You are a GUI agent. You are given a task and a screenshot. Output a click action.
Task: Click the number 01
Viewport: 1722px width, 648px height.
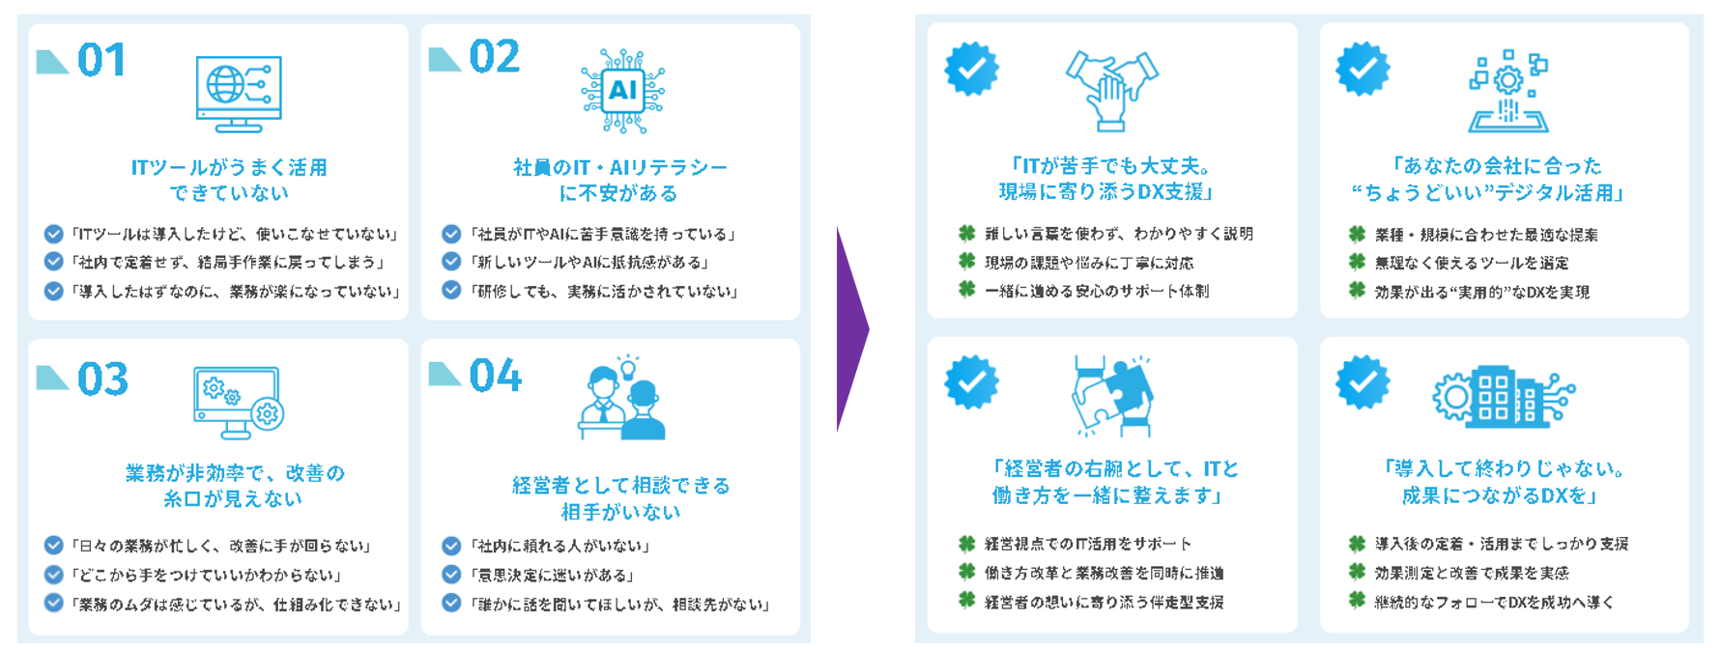click(101, 60)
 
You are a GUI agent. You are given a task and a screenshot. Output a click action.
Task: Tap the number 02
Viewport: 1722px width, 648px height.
click(495, 57)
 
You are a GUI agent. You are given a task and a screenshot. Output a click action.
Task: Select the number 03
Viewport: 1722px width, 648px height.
click(102, 380)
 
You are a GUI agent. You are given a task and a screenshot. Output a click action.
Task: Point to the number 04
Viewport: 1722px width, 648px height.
click(495, 376)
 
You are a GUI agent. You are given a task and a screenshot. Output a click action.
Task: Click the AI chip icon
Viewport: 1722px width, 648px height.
click(622, 91)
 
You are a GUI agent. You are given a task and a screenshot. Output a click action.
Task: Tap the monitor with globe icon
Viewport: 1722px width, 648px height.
click(239, 93)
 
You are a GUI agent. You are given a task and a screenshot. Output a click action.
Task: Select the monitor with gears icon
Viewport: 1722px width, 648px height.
click(238, 401)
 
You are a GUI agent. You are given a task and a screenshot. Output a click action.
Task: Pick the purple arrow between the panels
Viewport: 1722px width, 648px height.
click(851, 329)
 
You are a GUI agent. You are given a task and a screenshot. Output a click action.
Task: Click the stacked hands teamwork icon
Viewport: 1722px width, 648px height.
click(1112, 90)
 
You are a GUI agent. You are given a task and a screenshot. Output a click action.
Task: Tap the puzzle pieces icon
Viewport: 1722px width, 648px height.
click(1112, 395)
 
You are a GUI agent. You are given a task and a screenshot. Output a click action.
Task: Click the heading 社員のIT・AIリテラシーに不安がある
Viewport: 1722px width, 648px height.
click(620, 181)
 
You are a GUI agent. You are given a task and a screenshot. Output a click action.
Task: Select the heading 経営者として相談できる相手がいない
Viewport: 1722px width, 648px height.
click(621, 498)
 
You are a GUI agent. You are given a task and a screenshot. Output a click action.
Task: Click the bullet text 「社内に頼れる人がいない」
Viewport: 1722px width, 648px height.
click(560, 547)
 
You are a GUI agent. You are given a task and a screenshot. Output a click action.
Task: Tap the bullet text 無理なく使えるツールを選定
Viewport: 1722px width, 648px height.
click(1472, 263)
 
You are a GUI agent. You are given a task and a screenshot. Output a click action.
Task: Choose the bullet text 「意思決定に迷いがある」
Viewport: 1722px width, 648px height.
click(553, 576)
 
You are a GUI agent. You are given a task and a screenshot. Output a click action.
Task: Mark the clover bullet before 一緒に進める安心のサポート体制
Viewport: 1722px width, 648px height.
click(966, 290)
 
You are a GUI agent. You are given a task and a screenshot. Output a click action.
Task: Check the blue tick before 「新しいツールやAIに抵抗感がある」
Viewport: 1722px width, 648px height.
click(451, 262)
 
